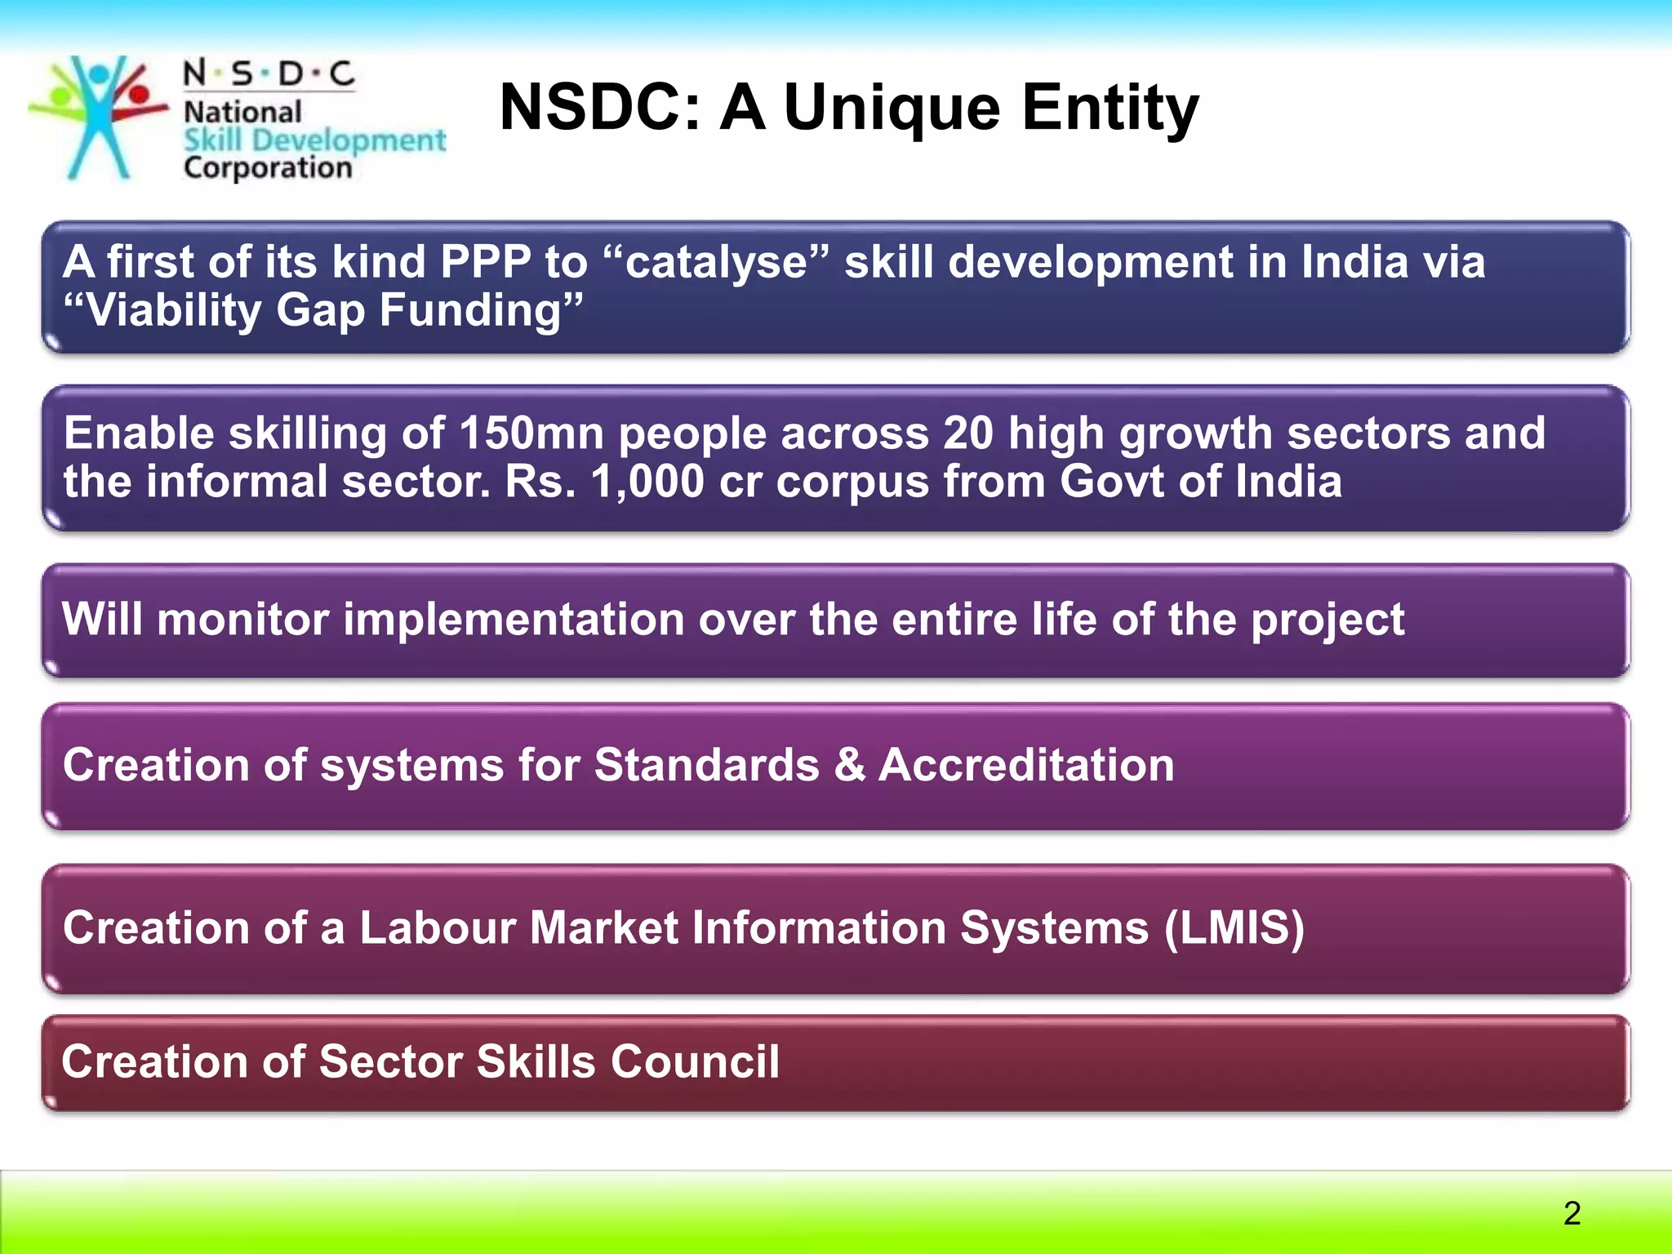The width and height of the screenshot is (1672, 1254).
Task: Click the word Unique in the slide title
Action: coord(892,108)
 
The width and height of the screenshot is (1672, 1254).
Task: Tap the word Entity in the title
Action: coord(1109,108)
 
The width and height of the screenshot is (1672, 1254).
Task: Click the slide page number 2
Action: coord(1572,1212)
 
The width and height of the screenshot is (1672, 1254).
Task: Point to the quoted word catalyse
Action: coord(716,264)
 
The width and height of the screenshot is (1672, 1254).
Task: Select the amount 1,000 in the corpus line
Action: coord(647,482)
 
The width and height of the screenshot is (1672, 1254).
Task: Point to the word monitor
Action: coord(242,620)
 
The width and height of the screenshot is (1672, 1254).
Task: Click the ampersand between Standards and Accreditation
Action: coord(849,766)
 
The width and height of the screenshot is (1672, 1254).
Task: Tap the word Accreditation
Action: coord(1026,766)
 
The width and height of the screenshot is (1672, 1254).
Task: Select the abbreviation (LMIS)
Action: coord(1234,928)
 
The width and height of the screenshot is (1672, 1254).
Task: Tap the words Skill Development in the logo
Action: coord(314,140)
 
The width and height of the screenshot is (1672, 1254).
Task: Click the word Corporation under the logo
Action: coord(268,168)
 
